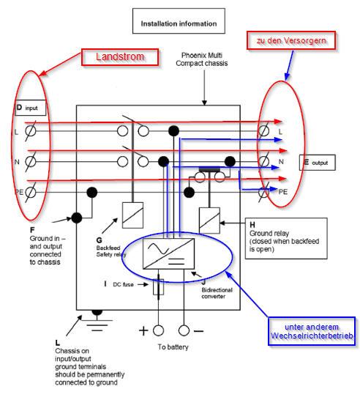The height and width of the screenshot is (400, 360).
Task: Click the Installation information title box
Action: (x=179, y=21)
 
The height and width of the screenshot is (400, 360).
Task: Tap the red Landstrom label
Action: (x=120, y=57)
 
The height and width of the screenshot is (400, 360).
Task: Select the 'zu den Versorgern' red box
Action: (x=291, y=40)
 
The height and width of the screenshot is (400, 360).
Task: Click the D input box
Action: (x=30, y=108)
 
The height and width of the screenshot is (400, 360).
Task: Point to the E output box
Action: (x=318, y=163)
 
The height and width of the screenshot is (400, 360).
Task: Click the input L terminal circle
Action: (x=31, y=131)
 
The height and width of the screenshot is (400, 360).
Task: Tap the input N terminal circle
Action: (x=31, y=162)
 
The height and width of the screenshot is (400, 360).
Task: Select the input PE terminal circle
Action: (x=31, y=192)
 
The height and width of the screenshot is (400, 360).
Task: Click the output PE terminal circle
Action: (x=264, y=192)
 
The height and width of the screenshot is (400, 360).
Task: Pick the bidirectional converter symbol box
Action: (x=169, y=253)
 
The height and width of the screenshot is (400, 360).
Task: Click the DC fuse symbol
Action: (x=158, y=286)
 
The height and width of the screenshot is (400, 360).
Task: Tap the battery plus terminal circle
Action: (x=158, y=330)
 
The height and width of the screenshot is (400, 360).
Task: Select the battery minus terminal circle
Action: (x=184, y=330)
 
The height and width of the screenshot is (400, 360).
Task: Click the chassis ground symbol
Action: (x=97, y=320)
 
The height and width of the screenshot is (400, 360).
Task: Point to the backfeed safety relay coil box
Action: (x=132, y=215)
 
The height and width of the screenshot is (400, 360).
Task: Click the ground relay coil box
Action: (x=209, y=221)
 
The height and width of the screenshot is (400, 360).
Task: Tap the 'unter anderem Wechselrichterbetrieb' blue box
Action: (x=312, y=331)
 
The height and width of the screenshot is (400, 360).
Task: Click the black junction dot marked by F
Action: (x=77, y=218)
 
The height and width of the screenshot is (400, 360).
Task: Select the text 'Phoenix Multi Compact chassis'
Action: (x=202, y=59)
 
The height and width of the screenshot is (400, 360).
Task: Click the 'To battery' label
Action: (x=173, y=347)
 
